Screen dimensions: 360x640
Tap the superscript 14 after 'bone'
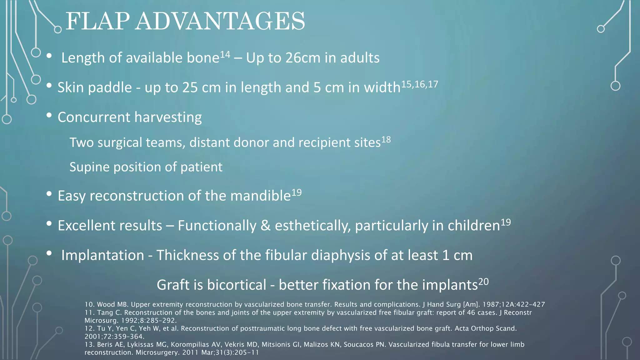pyautogui.click(x=225, y=55)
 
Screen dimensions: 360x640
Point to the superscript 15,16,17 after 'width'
pyautogui.click(x=419, y=84)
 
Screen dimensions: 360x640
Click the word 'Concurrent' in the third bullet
pyautogui.click(x=94, y=117)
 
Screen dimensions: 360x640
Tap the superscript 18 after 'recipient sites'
pyautogui.click(x=386, y=139)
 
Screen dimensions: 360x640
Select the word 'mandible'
pyautogui.click(x=260, y=196)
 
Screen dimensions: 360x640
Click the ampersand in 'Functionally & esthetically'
pyautogui.click(x=266, y=226)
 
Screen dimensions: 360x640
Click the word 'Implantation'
pyautogui.click(x=102, y=255)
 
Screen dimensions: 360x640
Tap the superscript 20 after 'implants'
pyautogui.click(x=483, y=282)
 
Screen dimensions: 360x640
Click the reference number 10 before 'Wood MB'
pyautogui.click(x=89, y=304)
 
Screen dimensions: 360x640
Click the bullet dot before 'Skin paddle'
pyautogui.click(x=49, y=86)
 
